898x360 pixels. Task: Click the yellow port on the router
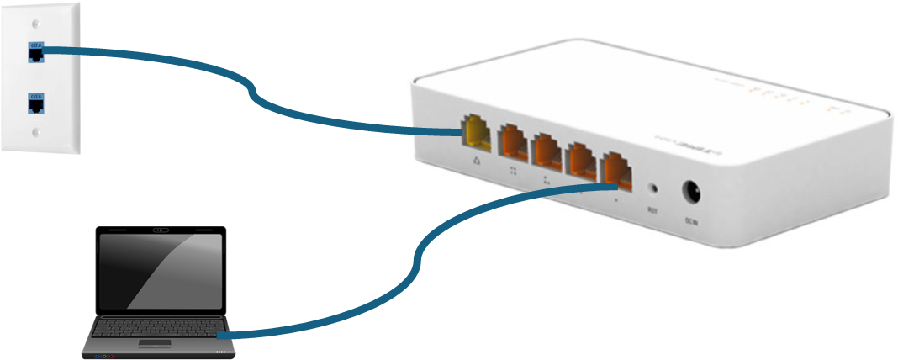pos(475,138)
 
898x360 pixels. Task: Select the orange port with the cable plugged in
pos(619,166)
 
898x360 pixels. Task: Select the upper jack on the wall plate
pos(36,53)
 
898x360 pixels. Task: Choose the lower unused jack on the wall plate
pos(36,105)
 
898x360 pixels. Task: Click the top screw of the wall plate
pos(34,26)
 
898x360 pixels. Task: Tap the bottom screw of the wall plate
pos(34,132)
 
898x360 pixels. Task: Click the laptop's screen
pos(161,269)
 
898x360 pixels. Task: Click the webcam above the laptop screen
pos(161,229)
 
